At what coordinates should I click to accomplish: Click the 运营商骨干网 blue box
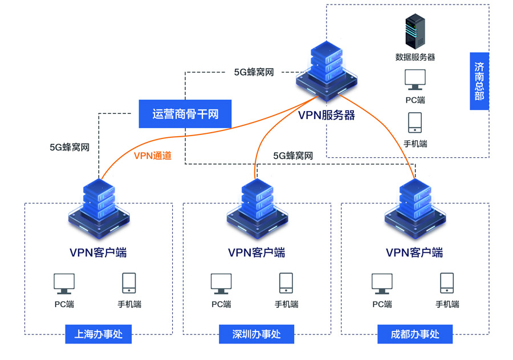pyautogui.click(x=185, y=114)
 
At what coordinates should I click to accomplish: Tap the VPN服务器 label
pyautogui.click(x=327, y=116)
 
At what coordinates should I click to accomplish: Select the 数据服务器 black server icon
pyautogui.click(x=416, y=32)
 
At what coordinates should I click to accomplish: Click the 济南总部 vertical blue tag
pyautogui.click(x=479, y=81)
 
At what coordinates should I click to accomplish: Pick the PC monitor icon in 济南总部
pyautogui.click(x=415, y=80)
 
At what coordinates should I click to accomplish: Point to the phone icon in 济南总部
pyautogui.click(x=415, y=122)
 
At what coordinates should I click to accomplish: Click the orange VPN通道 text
pyautogui.click(x=152, y=156)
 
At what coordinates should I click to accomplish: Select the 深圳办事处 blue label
pyautogui.click(x=256, y=334)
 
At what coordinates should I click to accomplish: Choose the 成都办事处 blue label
pyautogui.click(x=415, y=334)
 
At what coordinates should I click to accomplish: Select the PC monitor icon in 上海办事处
pyautogui.click(x=64, y=283)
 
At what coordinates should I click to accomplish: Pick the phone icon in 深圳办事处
pyautogui.click(x=286, y=283)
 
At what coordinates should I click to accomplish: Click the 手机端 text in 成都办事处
pyautogui.click(x=447, y=304)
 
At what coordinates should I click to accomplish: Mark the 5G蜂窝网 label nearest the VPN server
pyautogui.click(x=254, y=72)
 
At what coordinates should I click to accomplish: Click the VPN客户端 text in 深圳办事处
pyautogui.click(x=256, y=252)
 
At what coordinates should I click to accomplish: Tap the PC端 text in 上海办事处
pyautogui.click(x=64, y=304)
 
